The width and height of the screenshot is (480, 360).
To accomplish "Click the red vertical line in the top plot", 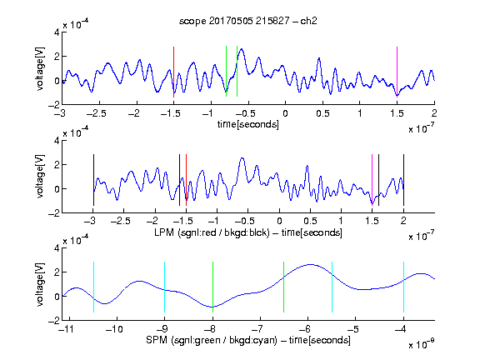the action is (173, 72).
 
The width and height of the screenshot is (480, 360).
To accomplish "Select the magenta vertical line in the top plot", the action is (397, 72).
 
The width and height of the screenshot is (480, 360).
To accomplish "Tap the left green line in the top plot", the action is (226, 72).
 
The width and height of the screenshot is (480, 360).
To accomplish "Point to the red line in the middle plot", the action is (186, 180).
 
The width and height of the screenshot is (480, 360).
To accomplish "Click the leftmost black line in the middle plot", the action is (93, 180).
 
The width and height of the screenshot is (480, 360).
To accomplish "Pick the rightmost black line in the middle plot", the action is (403, 180).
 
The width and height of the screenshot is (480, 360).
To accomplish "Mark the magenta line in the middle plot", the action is (372, 180).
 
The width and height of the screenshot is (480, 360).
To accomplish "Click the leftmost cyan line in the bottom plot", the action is (93, 287).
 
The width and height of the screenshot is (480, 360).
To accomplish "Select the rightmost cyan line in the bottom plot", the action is (403, 287).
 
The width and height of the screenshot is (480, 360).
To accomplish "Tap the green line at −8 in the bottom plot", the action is (212, 287).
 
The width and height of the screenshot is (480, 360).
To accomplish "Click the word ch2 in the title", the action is (308, 21).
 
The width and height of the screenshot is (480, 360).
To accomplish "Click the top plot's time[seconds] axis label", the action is (248, 124).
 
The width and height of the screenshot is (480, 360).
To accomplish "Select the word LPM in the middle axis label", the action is (164, 232).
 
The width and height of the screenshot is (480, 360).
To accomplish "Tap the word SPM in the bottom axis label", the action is (157, 340).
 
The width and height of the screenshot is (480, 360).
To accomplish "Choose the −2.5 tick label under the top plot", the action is (97, 113).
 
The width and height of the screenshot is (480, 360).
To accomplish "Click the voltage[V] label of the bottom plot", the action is (40, 284).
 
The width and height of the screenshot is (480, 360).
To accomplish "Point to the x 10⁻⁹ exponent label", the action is (421, 344).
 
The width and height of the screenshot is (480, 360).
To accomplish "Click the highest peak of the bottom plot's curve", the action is (310, 264).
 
